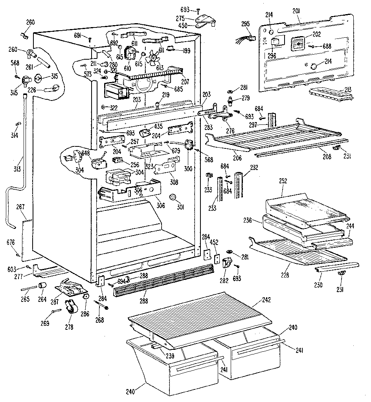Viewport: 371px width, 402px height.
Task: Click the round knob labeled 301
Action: pyautogui.click(x=173, y=197)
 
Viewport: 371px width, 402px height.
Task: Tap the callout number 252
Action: pyautogui.click(x=283, y=181)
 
